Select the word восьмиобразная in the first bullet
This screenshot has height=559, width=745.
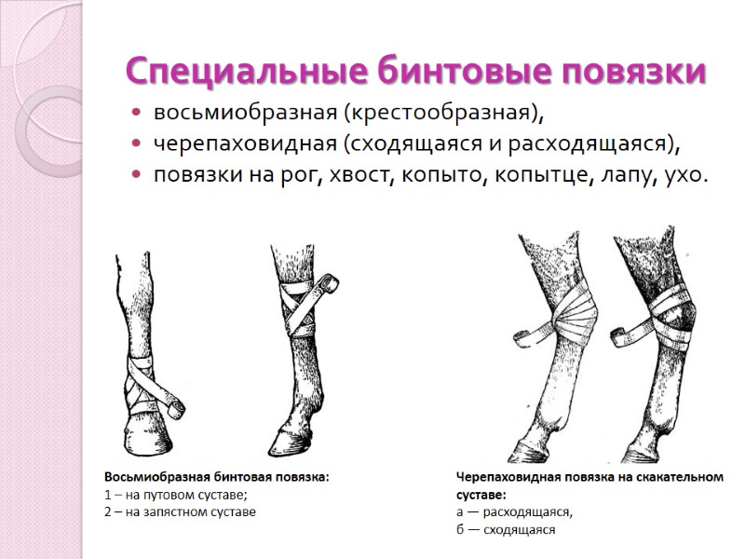[246, 114]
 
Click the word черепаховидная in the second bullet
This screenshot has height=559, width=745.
[244, 143]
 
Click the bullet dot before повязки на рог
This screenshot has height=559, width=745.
[137, 174]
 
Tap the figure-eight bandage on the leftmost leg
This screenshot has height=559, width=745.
[144, 382]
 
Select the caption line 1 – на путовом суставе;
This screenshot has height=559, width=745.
[175, 495]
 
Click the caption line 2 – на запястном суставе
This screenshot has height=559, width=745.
[180, 511]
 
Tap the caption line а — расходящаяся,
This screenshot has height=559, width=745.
[515, 512]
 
